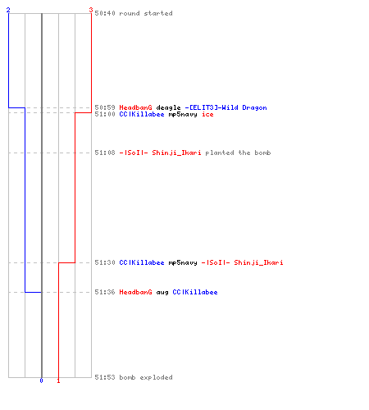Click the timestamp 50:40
[x=105, y=13]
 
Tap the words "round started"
[x=146, y=13]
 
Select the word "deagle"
[x=168, y=107]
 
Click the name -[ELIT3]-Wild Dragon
[x=225, y=107]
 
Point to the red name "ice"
[x=207, y=114]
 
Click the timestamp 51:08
[x=105, y=153]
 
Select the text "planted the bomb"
[x=238, y=153]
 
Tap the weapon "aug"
[x=162, y=293]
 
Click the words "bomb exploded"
[x=146, y=377]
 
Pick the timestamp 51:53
[x=105, y=377]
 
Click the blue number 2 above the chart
[x=8, y=10]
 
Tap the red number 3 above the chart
[x=91, y=10]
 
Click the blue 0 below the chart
[x=41, y=380]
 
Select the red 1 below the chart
[x=58, y=380]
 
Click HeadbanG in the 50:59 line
[x=135, y=107]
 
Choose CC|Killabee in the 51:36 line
[x=195, y=292]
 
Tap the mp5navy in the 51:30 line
[x=183, y=263]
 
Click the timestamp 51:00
[x=105, y=114]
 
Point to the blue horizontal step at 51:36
[x=34, y=292]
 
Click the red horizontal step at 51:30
[x=66, y=262]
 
